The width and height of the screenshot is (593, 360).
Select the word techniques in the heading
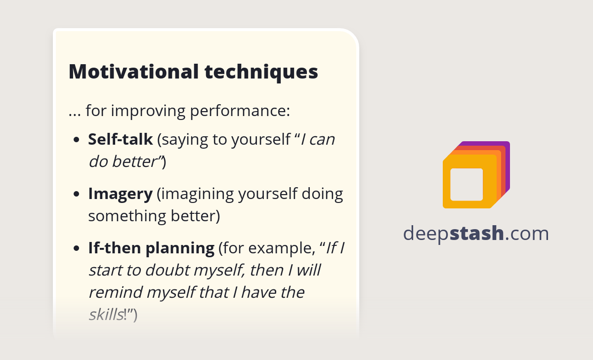261,72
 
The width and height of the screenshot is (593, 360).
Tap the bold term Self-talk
120,140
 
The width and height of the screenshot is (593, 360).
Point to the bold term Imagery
120,194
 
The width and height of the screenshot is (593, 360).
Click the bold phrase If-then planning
151,248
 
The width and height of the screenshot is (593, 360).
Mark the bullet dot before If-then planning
76,248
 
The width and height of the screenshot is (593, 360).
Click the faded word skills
105,315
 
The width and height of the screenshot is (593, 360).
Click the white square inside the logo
466,184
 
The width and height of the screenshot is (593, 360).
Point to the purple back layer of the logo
506,148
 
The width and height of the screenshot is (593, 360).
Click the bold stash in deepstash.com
477,233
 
